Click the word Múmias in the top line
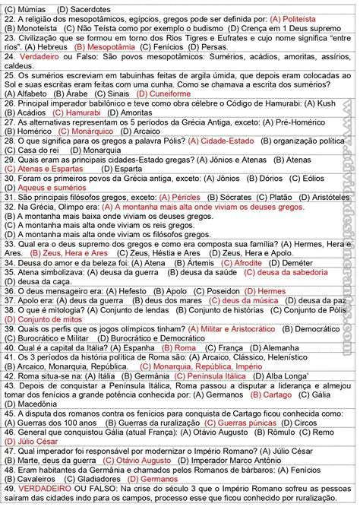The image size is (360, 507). (x=33, y=7)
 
